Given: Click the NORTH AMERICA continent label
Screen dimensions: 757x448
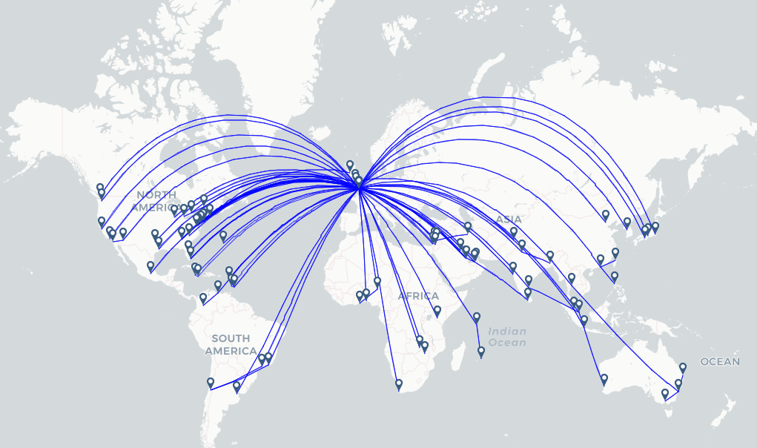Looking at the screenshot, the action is [156, 201].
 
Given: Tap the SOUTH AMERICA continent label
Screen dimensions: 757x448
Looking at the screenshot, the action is [231, 345].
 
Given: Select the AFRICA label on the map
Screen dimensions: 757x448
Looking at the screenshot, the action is [418, 296].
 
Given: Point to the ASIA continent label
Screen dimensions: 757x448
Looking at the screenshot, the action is [509, 220].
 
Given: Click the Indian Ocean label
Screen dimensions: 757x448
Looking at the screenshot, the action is [508, 337].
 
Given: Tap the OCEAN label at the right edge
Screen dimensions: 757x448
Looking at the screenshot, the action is [720, 362].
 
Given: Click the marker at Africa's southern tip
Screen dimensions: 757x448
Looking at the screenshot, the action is [399, 384].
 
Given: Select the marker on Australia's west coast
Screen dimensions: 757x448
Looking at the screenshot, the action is [604, 380].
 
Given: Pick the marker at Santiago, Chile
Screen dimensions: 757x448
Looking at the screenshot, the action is [211, 383].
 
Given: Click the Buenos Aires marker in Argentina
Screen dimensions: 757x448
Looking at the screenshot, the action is [237, 386].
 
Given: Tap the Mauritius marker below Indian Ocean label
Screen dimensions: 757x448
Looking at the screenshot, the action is [481, 352].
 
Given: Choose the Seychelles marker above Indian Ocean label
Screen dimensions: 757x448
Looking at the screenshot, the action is [477, 317].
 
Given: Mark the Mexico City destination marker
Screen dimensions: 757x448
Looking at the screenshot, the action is [151, 266].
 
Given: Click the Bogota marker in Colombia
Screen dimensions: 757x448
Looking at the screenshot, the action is [203, 299].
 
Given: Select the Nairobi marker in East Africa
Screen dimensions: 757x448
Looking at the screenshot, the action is [437, 311].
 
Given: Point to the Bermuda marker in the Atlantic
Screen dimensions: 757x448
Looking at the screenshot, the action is [223, 236].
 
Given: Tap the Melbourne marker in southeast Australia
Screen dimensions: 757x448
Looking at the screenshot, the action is [665, 394].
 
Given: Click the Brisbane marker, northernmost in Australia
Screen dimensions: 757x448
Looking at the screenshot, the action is [683, 367].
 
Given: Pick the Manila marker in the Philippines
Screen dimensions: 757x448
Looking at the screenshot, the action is [615, 277].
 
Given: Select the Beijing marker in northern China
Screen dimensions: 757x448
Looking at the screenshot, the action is [606, 215].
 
